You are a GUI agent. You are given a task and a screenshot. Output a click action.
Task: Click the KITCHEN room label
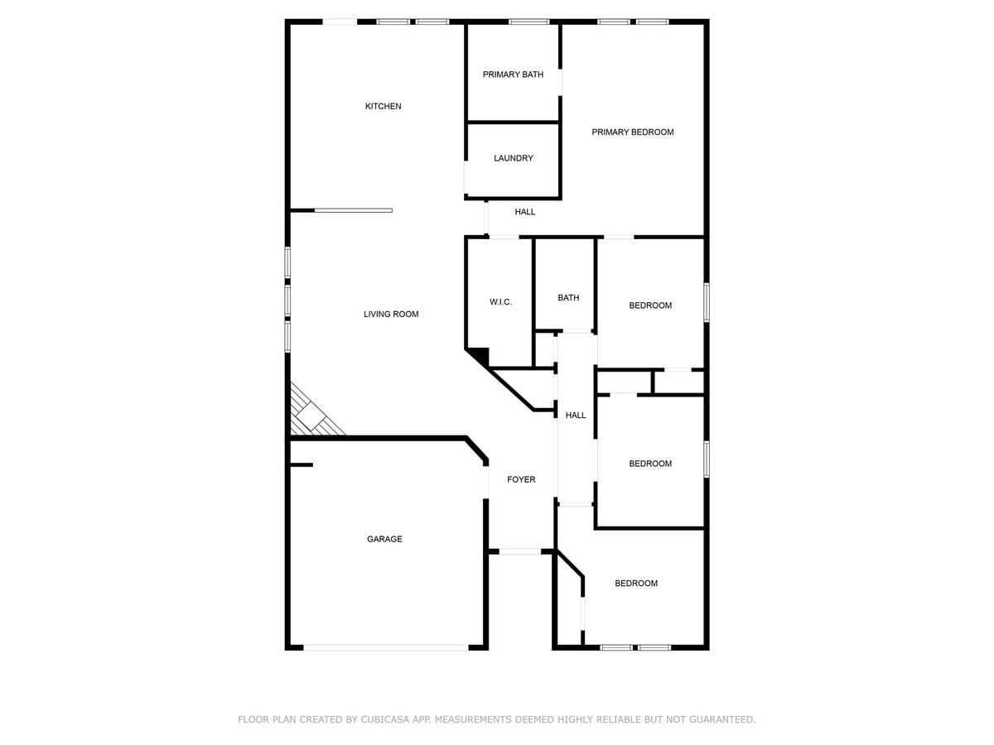[x=383, y=106]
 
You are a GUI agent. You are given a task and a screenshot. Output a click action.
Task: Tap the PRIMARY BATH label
[x=513, y=74]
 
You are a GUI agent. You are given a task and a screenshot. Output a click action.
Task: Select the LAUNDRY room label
[x=513, y=158]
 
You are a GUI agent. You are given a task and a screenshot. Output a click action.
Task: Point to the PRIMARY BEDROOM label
[x=632, y=132]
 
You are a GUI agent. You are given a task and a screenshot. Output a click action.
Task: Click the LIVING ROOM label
[x=391, y=314]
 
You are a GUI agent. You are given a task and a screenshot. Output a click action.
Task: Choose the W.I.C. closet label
[x=500, y=302]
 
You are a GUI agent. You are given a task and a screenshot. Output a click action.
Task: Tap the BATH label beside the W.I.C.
[x=568, y=298]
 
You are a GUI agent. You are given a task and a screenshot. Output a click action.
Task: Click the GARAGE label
[x=384, y=539]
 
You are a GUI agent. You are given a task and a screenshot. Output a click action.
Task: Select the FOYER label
[x=521, y=479]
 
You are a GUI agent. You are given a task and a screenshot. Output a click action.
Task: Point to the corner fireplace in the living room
[x=314, y=414]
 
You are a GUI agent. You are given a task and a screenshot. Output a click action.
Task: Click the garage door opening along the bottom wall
[x=385, y=647]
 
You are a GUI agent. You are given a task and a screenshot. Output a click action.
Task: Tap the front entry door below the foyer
[x=519, y=550]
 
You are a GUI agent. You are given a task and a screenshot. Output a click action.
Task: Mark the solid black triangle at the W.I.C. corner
[x=479, y=356]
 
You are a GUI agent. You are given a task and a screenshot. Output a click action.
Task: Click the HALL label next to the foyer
[x=576, y=415]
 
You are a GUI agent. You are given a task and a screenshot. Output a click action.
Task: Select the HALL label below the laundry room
[x=524, y=212]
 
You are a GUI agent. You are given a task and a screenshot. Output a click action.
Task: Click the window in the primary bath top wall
[x=528, y=22]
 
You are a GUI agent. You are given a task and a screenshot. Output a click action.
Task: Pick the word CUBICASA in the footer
[x=387, y=719]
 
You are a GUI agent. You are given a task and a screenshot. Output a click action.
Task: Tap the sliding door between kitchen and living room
[x=353, y=210]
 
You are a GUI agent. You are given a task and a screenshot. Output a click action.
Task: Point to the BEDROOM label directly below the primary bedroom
[x=650, y=305]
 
